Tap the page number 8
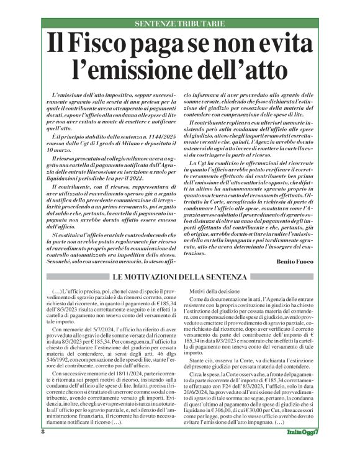tap(43, 449)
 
